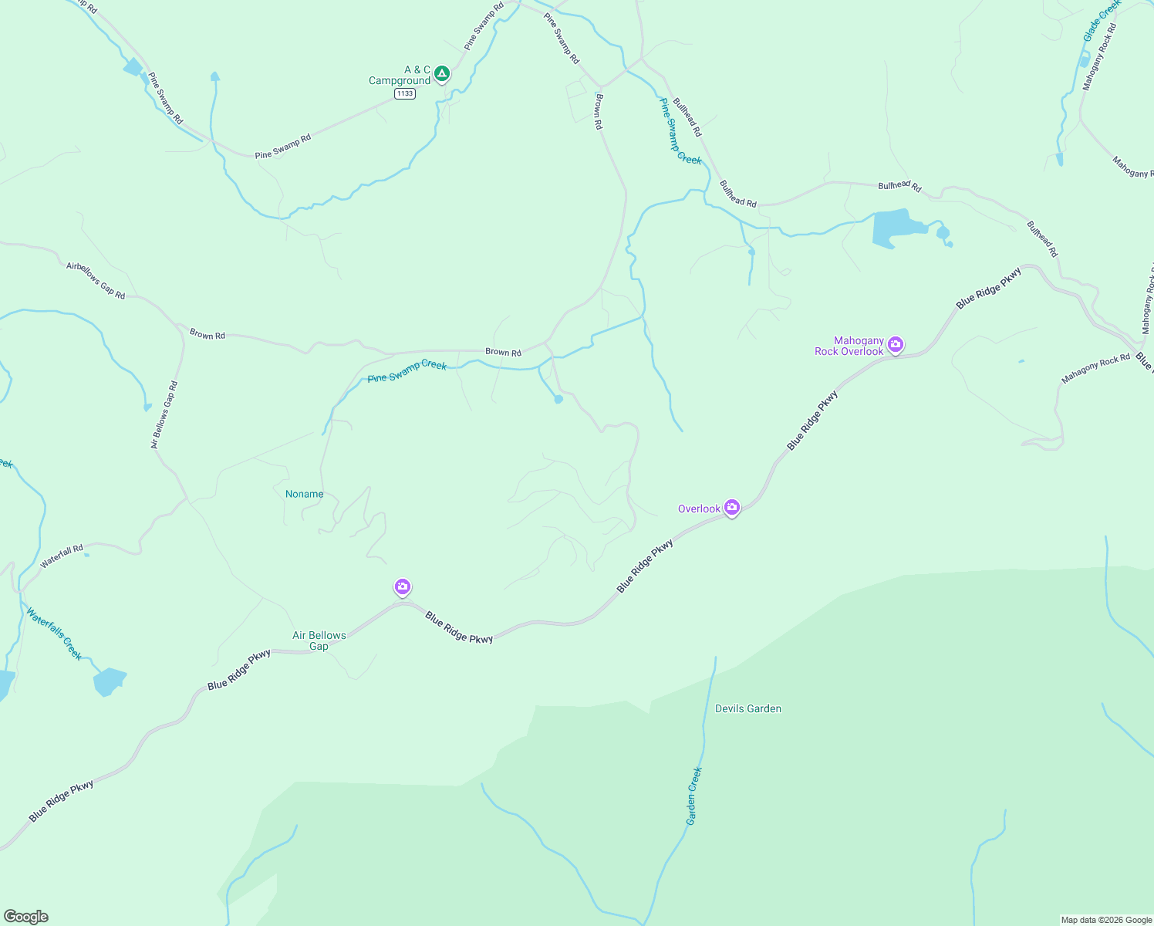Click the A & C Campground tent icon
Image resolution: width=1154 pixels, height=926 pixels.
441,73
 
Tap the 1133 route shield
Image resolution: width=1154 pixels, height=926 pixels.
404,93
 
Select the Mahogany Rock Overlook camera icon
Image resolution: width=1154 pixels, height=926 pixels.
895,344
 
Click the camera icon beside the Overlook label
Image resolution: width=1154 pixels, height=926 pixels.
732,508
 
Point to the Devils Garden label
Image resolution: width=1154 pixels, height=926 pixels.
747,708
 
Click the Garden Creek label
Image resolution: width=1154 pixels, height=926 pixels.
694,796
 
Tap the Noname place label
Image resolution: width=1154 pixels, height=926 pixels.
304,494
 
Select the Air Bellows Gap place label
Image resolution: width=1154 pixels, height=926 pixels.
319,640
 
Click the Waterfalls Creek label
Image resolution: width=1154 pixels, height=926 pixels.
54,634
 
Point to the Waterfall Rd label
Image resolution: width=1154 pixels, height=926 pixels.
62,556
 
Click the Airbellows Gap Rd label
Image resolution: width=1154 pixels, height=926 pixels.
96,280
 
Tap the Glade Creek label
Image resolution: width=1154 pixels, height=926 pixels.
1102,21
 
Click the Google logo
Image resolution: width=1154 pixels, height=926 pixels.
26,917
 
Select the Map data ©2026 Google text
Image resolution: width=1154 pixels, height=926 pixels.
1106,920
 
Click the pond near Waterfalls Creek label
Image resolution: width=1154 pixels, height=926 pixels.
109,681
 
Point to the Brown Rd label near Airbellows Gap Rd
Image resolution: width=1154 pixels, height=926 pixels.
208,335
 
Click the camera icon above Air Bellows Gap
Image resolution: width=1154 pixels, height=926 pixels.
402,587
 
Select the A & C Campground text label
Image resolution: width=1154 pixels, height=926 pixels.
400,75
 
